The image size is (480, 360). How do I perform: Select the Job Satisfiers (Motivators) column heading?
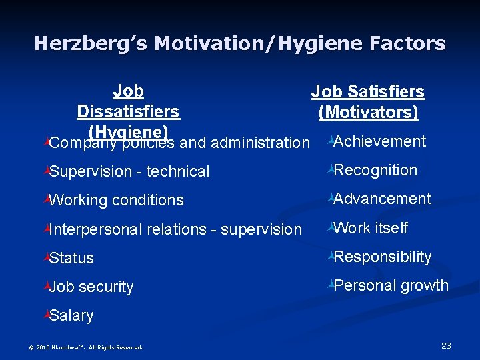[x=368, y=102]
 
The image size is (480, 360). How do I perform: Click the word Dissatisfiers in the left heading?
[x=128, y=111]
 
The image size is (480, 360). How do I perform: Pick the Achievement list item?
[x=379, y=141]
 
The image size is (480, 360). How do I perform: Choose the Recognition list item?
[x=375, y=170]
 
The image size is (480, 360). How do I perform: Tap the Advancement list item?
[x=382, y=199]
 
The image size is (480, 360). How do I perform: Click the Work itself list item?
[x=370, y=228]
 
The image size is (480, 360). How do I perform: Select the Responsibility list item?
[x=382, y=257]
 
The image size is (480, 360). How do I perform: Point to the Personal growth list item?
[x=391, y=285]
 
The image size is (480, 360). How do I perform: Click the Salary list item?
[x=71, y=315]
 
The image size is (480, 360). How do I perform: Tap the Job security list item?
[x=91, y=287]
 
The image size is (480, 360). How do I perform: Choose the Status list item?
[x=71, y=258]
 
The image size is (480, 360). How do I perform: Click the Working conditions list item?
[x=116, y=200]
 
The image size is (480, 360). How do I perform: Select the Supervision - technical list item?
[x=129, y=171]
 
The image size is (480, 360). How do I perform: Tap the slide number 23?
[x=446, y=345]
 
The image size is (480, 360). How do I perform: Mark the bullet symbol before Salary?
[x=45, y=315]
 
